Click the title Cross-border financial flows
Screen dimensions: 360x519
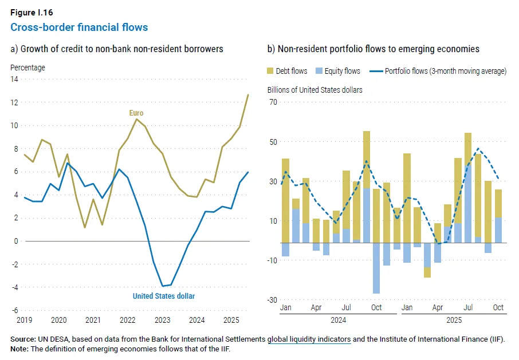point(79,27)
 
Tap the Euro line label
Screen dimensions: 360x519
point(136,113)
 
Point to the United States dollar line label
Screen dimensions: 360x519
point(164,296)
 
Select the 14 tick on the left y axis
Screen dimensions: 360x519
point(14,79)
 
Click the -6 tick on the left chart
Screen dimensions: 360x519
point(15,310)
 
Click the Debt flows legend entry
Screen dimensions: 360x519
point(287,71)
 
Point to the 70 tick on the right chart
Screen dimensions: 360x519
point(273,102)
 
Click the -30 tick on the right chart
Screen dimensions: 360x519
point(272,300)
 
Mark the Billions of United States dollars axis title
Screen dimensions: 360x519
point(315,90)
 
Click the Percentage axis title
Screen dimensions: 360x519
point(27,68)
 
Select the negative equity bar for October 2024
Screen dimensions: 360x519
point(376,268)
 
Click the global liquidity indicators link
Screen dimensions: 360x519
point(309,339)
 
